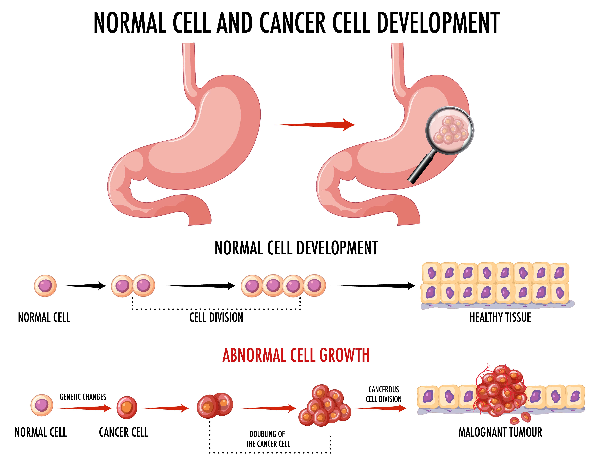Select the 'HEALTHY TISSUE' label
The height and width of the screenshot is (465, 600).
tap(500, 317)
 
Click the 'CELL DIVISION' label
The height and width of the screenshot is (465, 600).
tap(216, 317)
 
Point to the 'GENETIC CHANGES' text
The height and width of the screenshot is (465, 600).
tap(83, 397)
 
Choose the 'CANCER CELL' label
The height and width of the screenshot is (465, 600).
tap(124, 432)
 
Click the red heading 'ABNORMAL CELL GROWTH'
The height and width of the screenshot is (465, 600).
tap(296, 355)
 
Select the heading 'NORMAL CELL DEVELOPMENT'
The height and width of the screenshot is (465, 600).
tap(296, 248)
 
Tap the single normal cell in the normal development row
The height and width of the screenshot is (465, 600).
tap(45, 286)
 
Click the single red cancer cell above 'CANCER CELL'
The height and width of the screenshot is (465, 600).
tap(127, 407)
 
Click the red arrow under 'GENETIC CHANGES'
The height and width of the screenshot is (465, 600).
tap(84, 408)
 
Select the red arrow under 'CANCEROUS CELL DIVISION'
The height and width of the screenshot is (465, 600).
tap(380, 408)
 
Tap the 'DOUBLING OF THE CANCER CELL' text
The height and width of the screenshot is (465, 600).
tap(268, 439)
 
